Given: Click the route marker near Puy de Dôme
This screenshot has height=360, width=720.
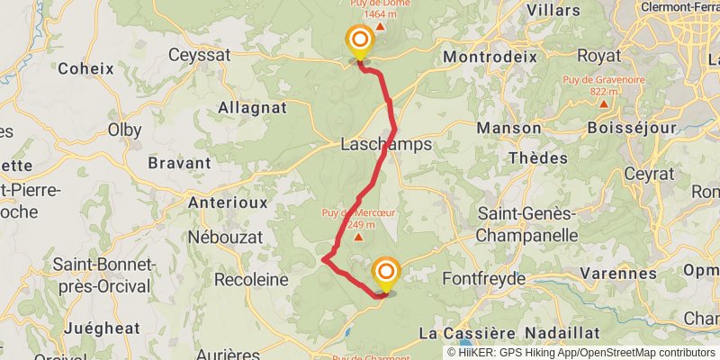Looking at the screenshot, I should click(360, 40).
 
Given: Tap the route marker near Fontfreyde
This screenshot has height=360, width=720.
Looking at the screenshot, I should click(386, 272).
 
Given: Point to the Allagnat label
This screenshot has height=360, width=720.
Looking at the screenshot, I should click(252, 108).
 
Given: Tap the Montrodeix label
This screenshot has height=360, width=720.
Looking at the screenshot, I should click(490, 56).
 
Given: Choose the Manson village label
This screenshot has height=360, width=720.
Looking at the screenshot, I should click(508, 129).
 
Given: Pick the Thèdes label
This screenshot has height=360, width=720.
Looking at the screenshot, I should click(538, 157).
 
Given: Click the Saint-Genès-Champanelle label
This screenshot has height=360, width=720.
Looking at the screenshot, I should click(526, 224).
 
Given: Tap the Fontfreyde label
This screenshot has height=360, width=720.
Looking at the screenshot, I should click(483, 279).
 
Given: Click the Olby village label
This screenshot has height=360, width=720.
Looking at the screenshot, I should click(125, 130).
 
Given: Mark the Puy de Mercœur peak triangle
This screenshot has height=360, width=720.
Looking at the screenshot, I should click(358, 238).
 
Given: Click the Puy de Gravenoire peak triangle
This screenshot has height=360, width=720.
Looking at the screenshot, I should click(604, 103).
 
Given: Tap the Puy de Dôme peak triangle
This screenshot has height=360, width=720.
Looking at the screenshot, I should click(379, 24).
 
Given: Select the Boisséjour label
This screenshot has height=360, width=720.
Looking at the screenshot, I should click(631, 129).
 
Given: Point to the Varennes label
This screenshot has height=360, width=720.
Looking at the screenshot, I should click(618, 272).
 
